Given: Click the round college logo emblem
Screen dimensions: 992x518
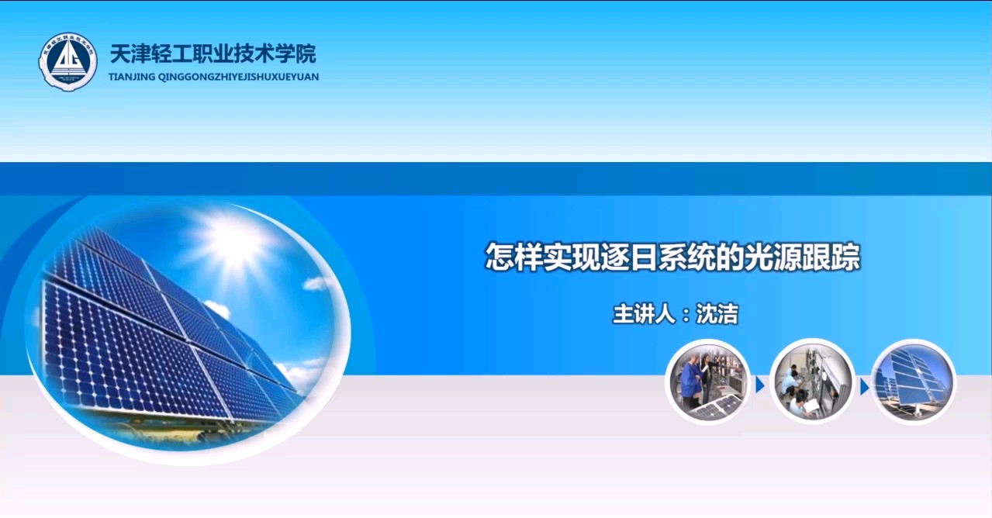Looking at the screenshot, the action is [x=67, y=61].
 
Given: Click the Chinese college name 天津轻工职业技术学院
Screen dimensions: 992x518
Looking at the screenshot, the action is [x=213, y=54].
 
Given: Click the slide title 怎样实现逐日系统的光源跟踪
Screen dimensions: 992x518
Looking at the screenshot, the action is [x=672, y=257].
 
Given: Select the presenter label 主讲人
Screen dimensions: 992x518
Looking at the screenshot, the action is [x=644, y=314].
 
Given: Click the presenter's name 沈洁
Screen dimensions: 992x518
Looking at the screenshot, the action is [x=717, y=314].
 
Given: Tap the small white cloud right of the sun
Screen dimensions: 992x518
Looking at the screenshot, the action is [x=317, y=283].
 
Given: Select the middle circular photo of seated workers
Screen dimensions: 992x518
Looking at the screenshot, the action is [x=812, y=382].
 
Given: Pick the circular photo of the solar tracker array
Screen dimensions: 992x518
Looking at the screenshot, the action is [x=914, y=382].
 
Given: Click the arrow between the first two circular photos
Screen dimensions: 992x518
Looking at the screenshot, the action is [x=760, y=385].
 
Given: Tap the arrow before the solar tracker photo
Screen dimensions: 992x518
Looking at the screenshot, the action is [x=864, y=388].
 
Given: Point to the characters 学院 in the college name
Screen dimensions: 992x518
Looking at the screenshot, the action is [x=296, y=54].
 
